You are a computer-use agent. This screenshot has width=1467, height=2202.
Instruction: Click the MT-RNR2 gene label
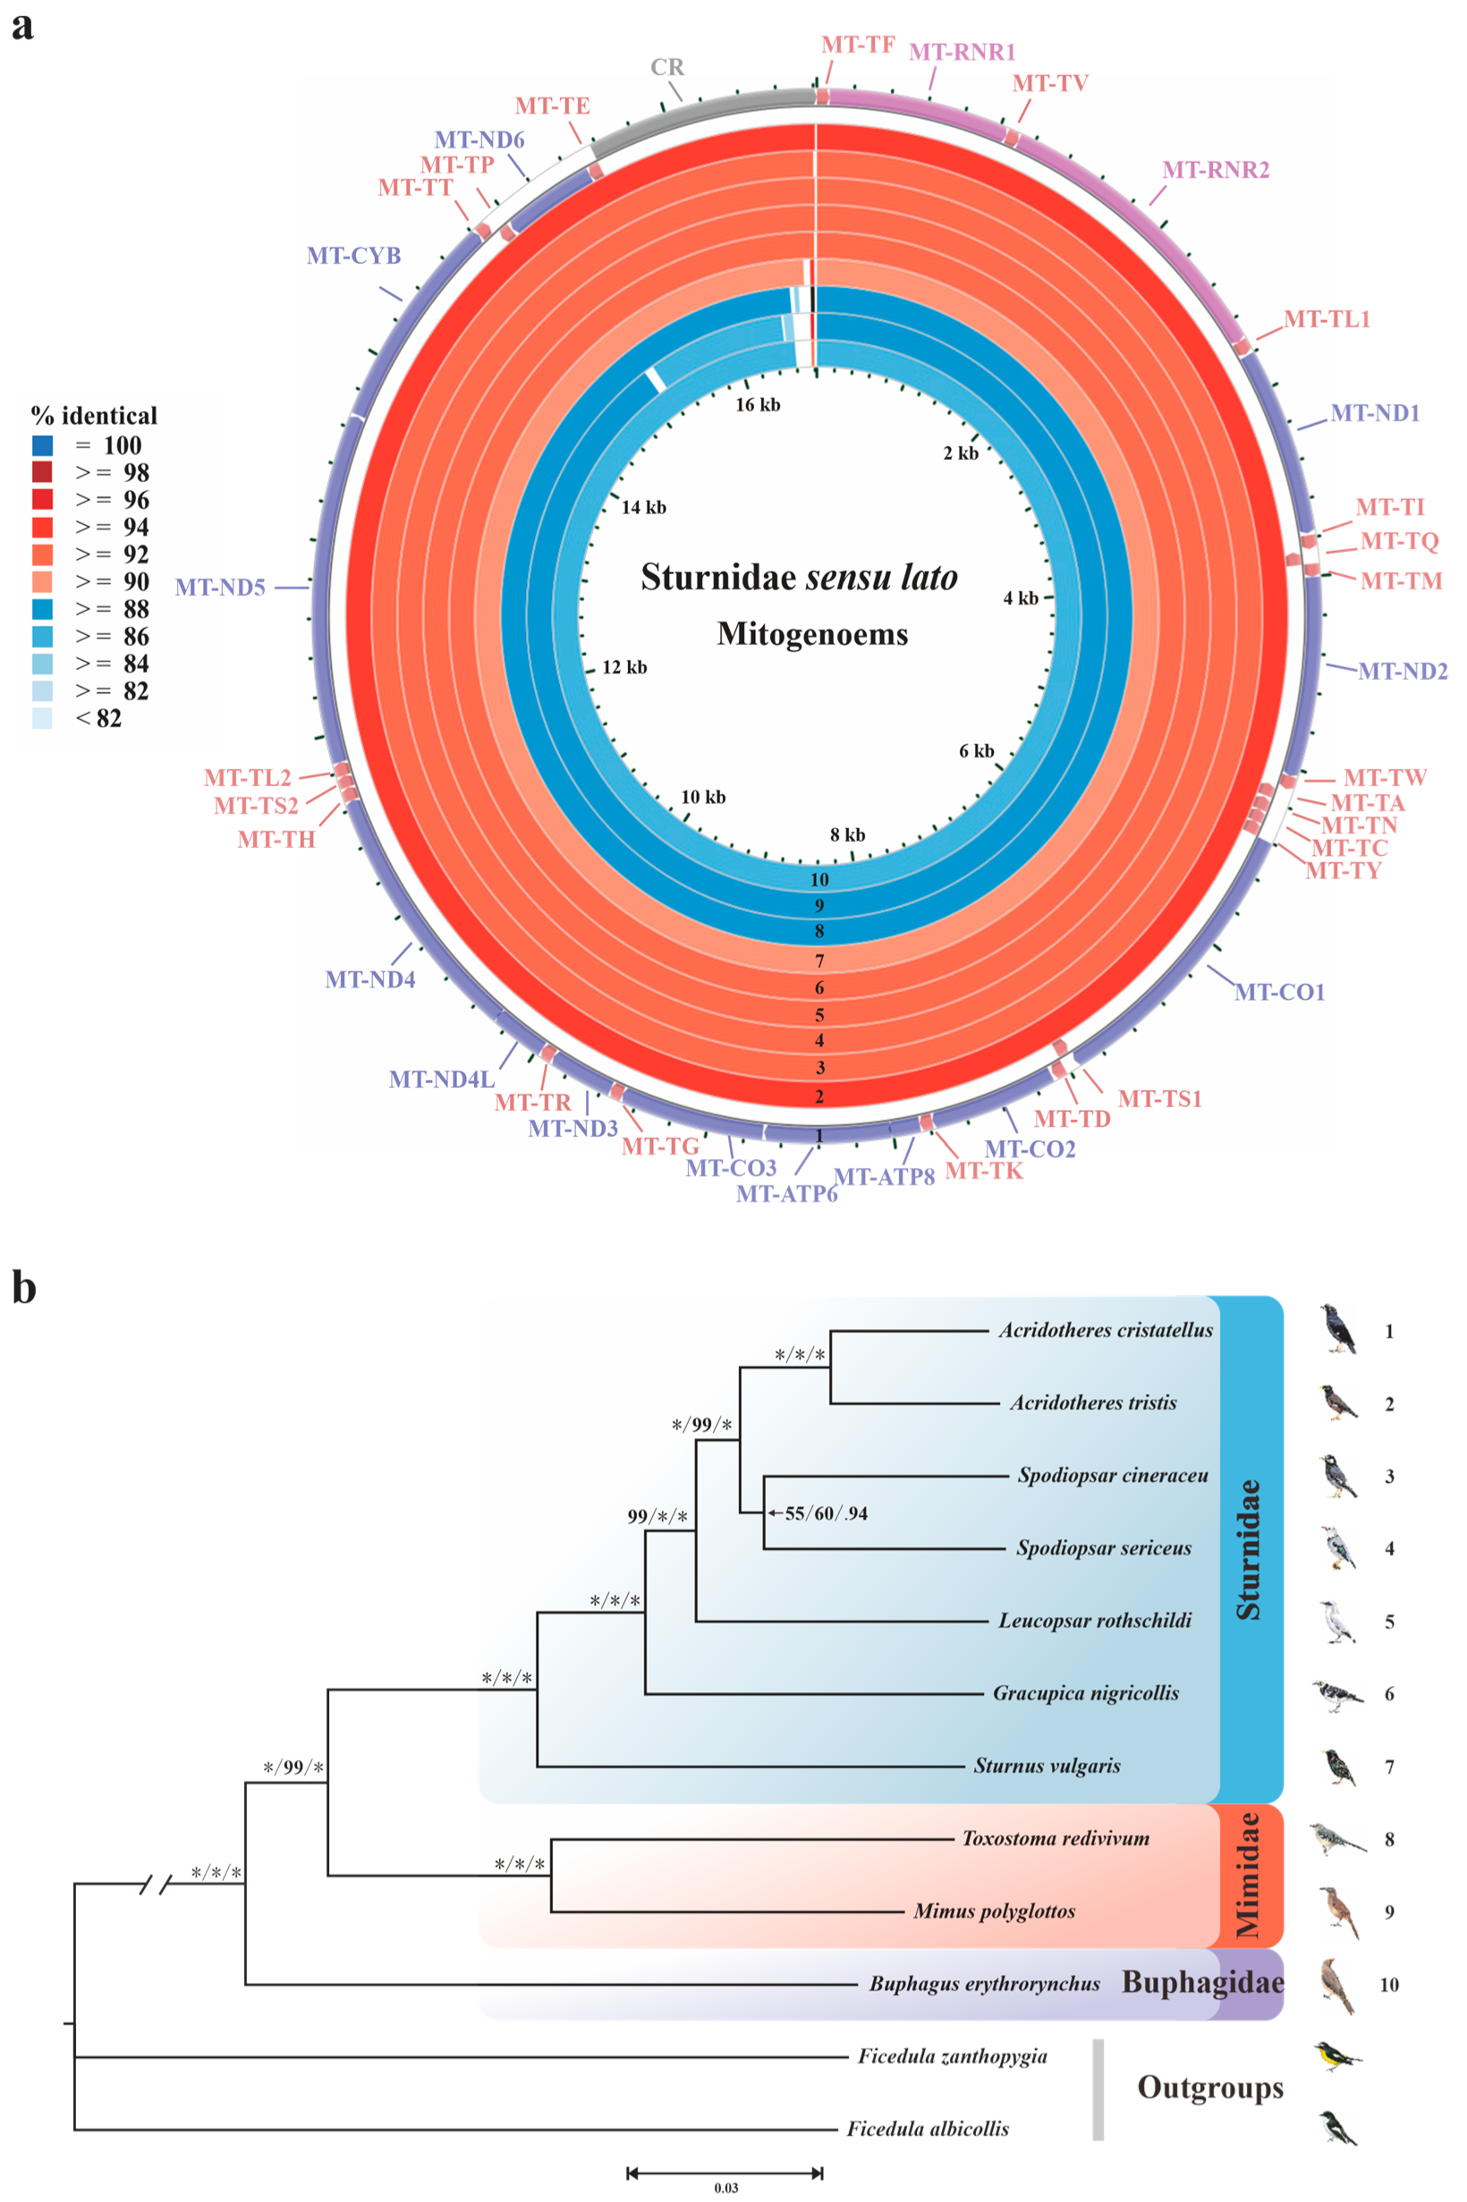tap(1215, 170)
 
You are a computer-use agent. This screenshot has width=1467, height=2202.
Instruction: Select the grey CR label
tap(667, 67)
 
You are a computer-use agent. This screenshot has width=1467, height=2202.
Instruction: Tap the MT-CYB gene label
tap(353, 256)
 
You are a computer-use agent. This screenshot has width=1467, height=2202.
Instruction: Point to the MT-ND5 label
tap(221, 588)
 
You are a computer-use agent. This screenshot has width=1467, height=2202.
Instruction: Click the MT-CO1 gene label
tap(1279, 992)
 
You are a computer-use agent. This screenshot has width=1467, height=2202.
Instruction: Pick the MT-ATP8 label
tap(883, 1177)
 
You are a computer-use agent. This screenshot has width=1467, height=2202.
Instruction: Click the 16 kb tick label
tap(757, 405)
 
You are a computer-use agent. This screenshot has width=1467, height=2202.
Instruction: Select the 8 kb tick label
tap(848, 834)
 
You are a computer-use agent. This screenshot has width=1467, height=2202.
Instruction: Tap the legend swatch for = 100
tap(42, 445)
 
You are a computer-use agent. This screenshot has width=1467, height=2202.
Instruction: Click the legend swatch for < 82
tap(42, 718)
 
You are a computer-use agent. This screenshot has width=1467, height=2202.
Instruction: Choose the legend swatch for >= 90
tap(42, 582)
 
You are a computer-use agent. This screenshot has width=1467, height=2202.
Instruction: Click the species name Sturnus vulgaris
tap(1047, 1766)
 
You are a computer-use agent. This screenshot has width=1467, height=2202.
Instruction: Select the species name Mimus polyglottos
tap(994, 1911)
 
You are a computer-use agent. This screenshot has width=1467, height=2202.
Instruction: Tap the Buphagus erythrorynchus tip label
tap(984, 1983)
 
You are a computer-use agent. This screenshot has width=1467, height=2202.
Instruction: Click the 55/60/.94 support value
tap(825, 1513)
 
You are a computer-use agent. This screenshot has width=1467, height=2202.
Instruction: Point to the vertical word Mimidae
tap(1247, 1875)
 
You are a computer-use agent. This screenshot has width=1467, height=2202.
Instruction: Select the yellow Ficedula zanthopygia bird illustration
tap(1336, 2056)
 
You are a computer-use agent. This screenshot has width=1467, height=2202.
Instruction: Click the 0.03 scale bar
tap(725, 2172)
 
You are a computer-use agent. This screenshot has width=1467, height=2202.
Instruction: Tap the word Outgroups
tap(1209, 2088)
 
